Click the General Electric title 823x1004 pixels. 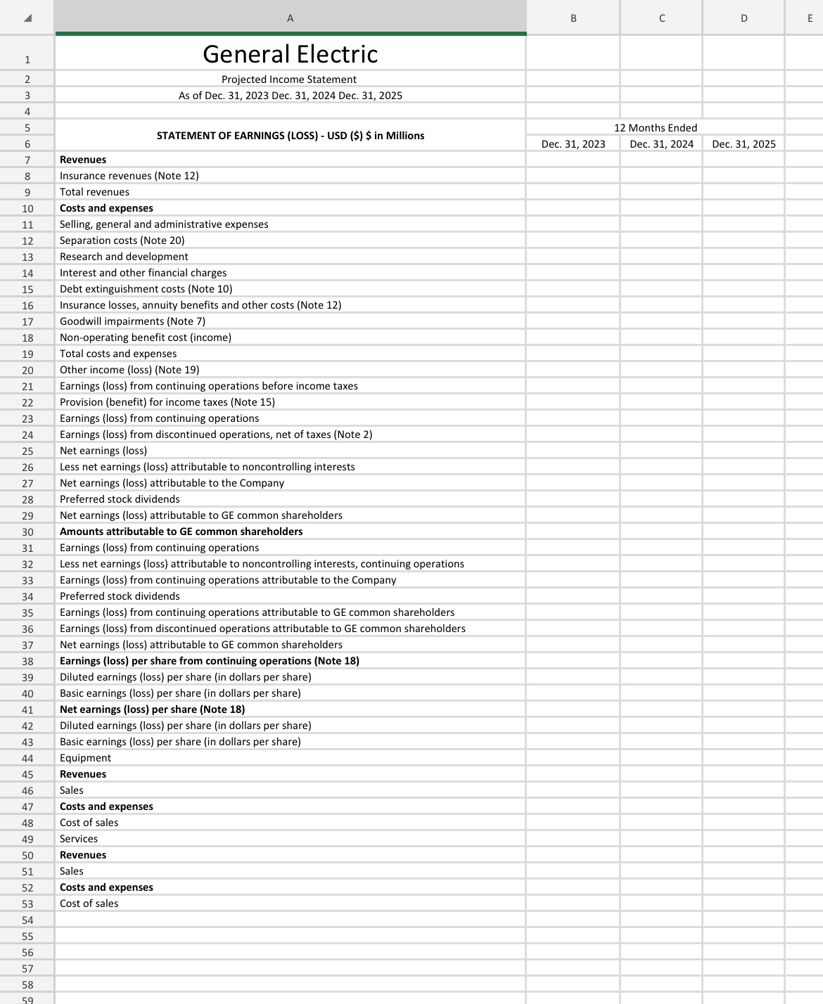(290, 54)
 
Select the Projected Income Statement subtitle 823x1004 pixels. (289, 79)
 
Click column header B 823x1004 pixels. (573, 18)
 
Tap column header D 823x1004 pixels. (744, 18)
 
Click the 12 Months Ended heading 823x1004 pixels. (656, 128)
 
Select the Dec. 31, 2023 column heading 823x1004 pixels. (573, 144)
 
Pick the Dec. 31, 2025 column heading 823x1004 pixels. (744, 144)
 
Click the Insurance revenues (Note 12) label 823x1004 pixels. (129, 176)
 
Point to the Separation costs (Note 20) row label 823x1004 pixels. (122, 240)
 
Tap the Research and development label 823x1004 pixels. (124, 257)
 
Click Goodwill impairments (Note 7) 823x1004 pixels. (132, 321)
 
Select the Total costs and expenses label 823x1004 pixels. (118, 354)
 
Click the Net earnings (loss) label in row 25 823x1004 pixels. (103, 451)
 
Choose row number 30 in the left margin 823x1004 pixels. (27, 532)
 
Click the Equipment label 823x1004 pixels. (85, 758)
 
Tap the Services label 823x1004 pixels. (79, 839)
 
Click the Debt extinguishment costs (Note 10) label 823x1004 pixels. (146, 289)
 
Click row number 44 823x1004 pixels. (27, 759)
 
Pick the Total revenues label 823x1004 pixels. (94, 192)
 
